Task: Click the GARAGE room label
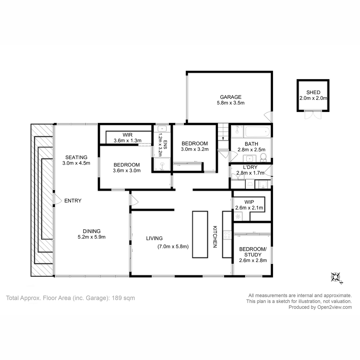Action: [230, 97]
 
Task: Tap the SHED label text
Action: [313, 92]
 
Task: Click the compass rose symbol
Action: [335, 277]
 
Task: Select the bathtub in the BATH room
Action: [258, 132]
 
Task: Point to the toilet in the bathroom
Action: [263, 157]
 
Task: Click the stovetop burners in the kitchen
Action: [227, 235]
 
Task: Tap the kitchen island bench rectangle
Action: [200, 235]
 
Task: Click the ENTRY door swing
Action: [58, 199]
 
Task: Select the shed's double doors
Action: [313, 115]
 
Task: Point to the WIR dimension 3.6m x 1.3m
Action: [127, 140]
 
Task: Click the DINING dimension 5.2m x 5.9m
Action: [91, 237]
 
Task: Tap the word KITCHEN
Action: [215, 237]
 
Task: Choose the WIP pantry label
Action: [249, 202]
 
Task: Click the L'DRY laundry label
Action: [250, 167]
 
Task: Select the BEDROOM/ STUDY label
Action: [253, 252]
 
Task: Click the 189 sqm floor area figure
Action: [123, 298]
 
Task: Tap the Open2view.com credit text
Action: [334, 307]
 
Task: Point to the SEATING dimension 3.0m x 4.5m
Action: [76, 163]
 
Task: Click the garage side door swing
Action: [268, 116]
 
